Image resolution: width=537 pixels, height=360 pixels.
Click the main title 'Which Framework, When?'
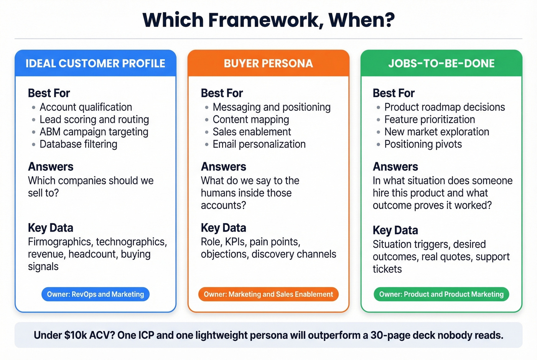268,20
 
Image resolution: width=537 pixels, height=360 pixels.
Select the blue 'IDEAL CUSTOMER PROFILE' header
96,64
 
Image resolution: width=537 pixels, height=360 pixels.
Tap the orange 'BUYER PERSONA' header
268,64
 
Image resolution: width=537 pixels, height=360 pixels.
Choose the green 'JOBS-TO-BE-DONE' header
441,64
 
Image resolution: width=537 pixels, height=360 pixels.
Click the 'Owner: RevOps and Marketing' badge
96,294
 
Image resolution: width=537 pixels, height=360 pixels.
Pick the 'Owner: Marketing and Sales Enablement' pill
268,294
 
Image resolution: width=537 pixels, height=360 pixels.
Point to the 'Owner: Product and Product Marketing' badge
441,294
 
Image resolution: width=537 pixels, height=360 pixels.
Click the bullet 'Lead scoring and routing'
94,120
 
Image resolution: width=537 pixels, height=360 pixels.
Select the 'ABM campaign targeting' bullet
94,132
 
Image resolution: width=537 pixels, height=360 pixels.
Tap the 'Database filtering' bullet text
79,144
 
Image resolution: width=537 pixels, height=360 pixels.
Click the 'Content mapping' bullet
251,120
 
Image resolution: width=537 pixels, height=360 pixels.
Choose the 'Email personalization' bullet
259,144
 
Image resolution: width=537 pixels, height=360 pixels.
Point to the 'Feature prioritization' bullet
430,120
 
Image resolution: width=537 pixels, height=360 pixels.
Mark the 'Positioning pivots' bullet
423,144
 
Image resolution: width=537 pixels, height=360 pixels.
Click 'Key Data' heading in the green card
395,230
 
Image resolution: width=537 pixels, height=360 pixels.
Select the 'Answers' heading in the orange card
224,167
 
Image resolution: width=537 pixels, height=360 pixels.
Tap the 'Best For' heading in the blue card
49,93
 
